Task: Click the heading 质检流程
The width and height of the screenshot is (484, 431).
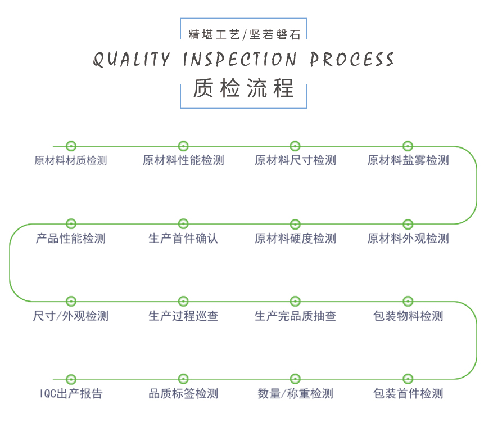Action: [243, 88]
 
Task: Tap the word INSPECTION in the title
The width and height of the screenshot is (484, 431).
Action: [240, 60]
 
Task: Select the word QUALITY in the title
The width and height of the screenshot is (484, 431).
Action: [131, 60]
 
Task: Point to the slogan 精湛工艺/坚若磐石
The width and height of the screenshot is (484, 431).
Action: [244, 35]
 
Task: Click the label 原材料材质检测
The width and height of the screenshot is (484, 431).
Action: [71, 161]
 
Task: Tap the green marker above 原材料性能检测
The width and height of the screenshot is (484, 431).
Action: [183, 146]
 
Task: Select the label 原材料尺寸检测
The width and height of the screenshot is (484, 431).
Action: [296, 161]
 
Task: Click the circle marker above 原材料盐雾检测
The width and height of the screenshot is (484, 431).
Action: [408, 146]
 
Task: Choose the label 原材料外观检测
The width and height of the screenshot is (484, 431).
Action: [408, 239]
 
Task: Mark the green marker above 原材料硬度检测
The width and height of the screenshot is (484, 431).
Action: [296, 224]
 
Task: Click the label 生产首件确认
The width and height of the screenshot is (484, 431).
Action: [183, 239]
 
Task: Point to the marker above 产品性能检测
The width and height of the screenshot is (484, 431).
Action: [71, 224]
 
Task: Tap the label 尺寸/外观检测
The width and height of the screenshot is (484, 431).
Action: [71, 316]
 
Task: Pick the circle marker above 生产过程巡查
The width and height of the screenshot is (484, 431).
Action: [183, 302]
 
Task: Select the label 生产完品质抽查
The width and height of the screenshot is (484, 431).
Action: [296, 316]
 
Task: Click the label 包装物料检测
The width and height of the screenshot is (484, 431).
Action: [408, 316]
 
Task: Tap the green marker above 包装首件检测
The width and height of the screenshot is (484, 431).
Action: [408, 379]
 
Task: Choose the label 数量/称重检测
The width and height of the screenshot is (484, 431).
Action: [296, 394]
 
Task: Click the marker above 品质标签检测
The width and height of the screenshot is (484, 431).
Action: [183, 379]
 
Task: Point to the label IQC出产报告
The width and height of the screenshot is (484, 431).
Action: [71, 394]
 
